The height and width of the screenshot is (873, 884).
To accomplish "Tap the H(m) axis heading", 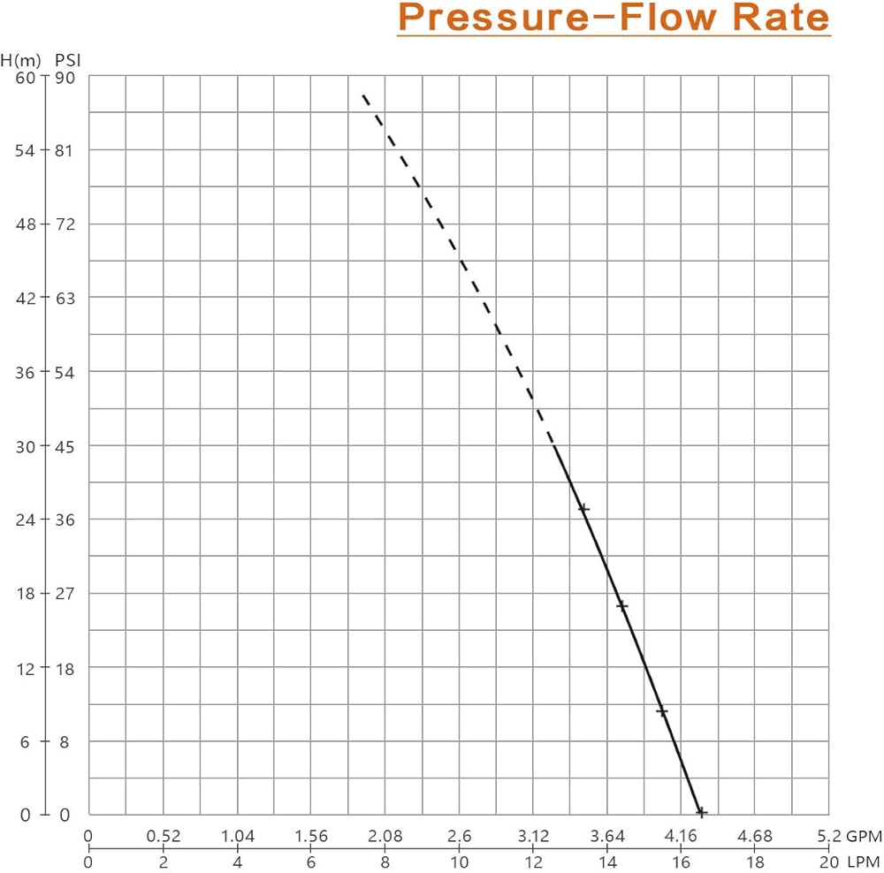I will pos(19,61).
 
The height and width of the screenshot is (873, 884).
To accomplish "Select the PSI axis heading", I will pos(67,61).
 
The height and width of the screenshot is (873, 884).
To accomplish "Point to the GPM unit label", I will pos(864,836).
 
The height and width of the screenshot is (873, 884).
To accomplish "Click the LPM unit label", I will pos(864,862).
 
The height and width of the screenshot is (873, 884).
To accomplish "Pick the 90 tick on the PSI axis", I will pos(66,77).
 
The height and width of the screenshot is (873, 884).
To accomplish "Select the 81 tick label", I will pos(66,150).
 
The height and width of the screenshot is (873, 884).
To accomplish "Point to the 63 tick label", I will pos(66,298).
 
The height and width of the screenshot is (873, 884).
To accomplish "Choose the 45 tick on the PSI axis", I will pos(66,445).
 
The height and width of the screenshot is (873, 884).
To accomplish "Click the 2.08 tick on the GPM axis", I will pos(385,836).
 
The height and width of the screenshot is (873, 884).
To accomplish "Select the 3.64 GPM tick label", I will pos(607,836).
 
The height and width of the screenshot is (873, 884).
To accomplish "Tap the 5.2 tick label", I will pos(827,836).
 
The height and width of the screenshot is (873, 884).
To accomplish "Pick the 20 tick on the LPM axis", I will pos(828,862).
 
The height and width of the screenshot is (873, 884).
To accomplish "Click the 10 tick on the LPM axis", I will pos(459,862).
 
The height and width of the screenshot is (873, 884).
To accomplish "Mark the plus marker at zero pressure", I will pos(701,812).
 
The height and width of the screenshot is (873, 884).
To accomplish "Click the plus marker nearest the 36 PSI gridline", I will pos(583,509).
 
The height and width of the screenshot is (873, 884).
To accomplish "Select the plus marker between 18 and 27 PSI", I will pos(622,606).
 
